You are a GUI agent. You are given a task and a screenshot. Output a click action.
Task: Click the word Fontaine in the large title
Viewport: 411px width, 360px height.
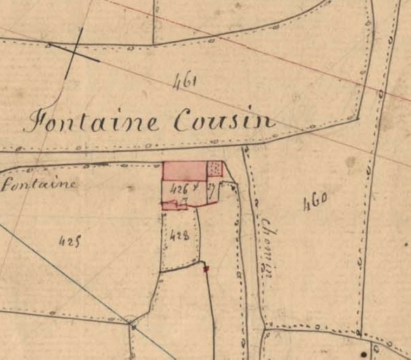coord(91,122)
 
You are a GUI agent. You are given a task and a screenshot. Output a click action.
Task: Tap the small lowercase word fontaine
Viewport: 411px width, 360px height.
coord(39,184)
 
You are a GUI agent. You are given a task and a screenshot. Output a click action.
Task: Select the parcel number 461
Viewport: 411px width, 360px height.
coord(185,82)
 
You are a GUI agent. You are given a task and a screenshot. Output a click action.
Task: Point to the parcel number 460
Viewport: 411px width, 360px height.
coord(315,205)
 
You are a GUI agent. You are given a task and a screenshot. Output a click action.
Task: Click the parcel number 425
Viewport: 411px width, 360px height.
coord(68,241)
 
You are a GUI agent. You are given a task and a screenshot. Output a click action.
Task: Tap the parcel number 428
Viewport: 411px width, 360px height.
coord(180,236)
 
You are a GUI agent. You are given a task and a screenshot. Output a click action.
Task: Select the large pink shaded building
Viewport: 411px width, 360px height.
coord(185,170)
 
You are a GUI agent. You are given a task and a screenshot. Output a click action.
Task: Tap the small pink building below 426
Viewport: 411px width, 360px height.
coord(174,205)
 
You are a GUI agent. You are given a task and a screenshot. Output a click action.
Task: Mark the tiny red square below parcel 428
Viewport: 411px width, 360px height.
coord(206,268)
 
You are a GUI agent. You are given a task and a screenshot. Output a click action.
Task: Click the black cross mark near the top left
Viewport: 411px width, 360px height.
coord(73,51)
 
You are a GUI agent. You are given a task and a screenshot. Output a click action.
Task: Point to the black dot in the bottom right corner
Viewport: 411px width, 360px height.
coord(364,352)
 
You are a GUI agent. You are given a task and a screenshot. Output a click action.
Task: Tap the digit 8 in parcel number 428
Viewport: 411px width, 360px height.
coord(185,236)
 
